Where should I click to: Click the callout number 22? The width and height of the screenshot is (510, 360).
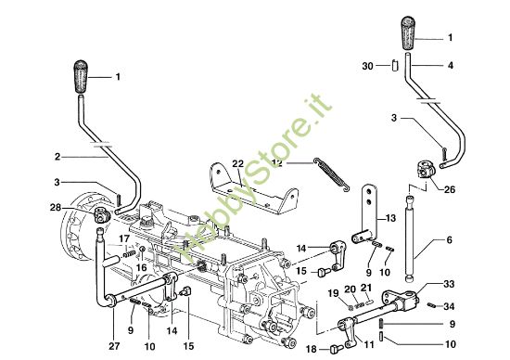pos(237,163)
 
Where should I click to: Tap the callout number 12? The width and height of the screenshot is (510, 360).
pos(277,162)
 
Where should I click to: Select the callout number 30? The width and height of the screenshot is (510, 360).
pos(367,66)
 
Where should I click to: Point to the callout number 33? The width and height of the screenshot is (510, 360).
pos(449,284)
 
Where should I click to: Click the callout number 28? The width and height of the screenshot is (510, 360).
pos(56,207)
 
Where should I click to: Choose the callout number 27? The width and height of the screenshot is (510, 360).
pos(114,346)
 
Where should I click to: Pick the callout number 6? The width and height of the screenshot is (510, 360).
pos(449,240)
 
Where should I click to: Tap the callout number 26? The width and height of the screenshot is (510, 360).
pos(450,189)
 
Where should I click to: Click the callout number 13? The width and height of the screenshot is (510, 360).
pos(390,218)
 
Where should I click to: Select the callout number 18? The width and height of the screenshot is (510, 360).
pos(312,349)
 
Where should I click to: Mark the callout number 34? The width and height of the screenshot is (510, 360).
pos(449,306)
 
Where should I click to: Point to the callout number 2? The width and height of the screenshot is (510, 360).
pos(57,157)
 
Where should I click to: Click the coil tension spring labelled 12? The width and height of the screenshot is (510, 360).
pos(332,174)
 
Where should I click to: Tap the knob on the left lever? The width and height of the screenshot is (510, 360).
pos(81,76)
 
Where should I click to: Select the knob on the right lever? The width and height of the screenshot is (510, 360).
pos(408,32)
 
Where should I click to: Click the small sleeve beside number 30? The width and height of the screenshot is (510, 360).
pos(394,65)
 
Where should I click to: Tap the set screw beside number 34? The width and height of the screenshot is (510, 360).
pos(431,305)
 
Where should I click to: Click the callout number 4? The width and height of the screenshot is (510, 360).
pos(450,66)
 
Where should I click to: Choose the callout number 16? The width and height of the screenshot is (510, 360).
pos(142,267)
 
